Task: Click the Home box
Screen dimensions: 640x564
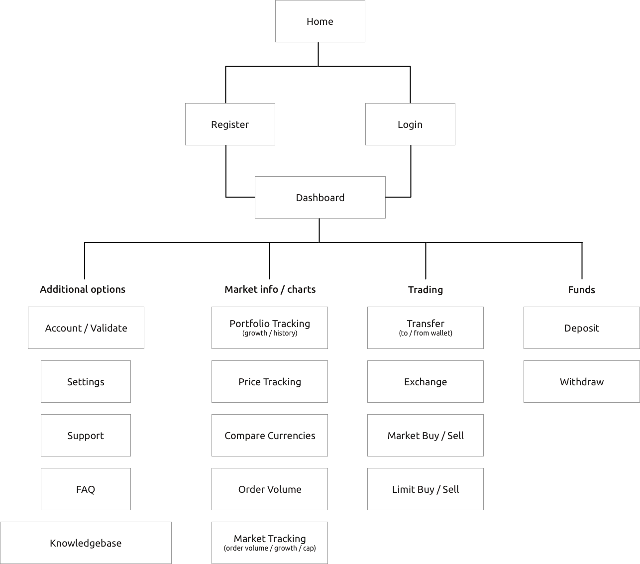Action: pos(320,21)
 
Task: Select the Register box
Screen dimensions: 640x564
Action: pos(230,124)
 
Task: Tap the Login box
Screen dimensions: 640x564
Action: pos(410,124)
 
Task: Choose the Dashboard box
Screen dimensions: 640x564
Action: pos(320,198)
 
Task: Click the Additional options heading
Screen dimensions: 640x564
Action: pos(83,289)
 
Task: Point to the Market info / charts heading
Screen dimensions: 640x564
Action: pos(270,289)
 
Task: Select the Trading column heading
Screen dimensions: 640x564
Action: pos(426,290)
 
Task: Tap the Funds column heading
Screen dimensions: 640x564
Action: pos(582,290)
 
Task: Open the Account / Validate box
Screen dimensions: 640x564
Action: pos(86,328)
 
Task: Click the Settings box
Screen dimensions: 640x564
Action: pos(86,381)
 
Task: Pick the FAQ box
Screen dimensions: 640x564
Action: pos(86,489)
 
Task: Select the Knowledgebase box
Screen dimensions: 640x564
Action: pos(86,543)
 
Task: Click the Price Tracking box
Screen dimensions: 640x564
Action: pos(269,381)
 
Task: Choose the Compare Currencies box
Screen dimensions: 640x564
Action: pos(269,435)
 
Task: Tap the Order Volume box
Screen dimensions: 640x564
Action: pos(269,489)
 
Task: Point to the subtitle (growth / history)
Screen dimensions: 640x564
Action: pos(270,333)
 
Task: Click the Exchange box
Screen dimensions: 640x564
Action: pos(425,381)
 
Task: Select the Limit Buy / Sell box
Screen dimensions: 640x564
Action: pos(425,489)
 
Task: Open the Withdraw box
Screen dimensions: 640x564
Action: pos(582,381)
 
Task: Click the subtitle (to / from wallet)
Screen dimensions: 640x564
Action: pos(426,333)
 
